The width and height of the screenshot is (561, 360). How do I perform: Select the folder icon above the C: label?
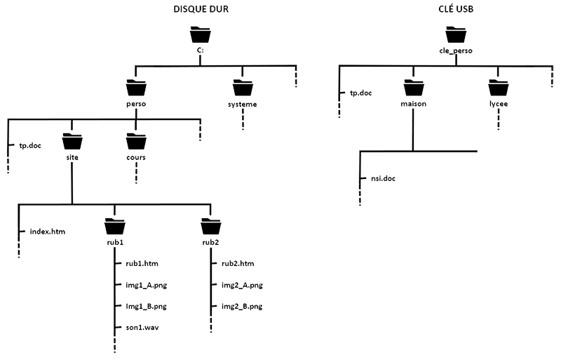click(x=200, y=35)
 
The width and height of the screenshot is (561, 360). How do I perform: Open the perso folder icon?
click(x=136, y=88)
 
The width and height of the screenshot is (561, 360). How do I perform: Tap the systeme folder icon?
click(x=243, y=88)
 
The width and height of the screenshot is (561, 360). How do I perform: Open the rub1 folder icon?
click(x=114, y=227)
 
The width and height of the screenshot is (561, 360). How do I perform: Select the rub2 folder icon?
click(x=210, y=227)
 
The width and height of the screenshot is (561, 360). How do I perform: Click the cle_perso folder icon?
click(x=455, y=35)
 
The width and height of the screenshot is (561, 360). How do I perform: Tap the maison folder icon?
click(x=414, y=88)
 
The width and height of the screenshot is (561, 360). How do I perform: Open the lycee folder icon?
click(x=499, y=88)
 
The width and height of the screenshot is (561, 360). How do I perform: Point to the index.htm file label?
click(x=47, y=231)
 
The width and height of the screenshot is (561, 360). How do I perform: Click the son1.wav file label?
click(x=142, y=327)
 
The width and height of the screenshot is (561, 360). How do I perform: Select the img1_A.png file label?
click(x=145, y=285)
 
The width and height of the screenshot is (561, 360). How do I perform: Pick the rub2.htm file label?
click(x=237, y=264)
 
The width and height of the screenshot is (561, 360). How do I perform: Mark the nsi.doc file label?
click(x=382, y=178)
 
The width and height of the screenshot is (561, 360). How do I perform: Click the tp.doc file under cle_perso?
click(x=362, y=93)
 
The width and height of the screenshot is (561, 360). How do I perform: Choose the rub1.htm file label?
click(x=142, y=264)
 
